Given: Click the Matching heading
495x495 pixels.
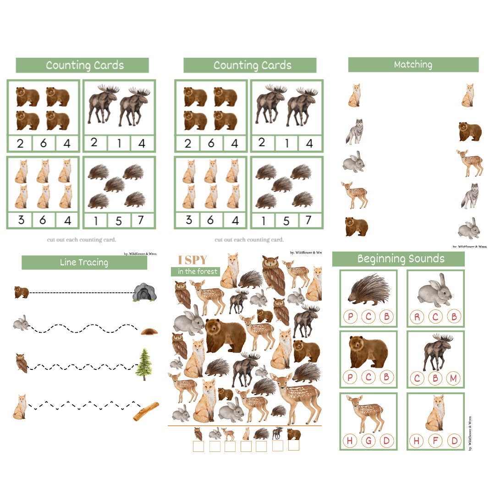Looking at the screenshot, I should click(413, 65).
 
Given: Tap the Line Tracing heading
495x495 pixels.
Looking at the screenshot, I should click(84, 263).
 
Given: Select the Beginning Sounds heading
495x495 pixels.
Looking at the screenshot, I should click(401, 259).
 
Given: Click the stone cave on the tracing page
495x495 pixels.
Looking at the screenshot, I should click(145, 292).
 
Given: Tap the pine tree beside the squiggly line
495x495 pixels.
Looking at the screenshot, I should click(144, 364).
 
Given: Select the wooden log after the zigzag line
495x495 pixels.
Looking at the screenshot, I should click(146, 411).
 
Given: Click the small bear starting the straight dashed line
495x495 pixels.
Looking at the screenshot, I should click(21, 292).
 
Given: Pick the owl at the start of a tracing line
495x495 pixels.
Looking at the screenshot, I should click(21, 363).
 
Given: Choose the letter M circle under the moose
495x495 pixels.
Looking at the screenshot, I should click(452, 378).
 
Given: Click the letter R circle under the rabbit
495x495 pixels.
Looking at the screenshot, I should click(417, 317).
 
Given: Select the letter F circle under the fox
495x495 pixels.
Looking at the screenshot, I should click(435, 441).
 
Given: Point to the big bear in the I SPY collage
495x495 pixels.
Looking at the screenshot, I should click(225, 336).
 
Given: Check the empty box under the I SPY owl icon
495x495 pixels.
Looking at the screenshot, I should click(198, 446).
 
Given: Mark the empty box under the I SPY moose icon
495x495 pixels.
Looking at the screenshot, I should click(277, 446).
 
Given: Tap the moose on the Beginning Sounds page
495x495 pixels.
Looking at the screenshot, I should click(436, 351).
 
